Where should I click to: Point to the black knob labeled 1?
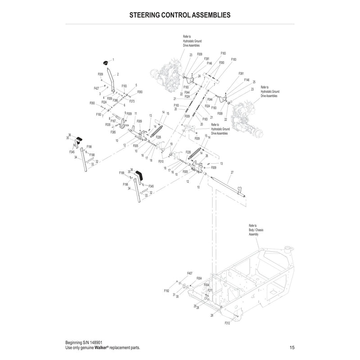pos(106,62)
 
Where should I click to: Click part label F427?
pos(97,88)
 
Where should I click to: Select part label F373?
pos(132,101)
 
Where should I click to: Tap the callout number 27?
pos(232,173)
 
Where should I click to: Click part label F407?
pos(189,273)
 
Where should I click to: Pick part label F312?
pos(227,323)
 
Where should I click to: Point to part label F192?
pos(166,291)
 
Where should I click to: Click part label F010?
pos(161,161)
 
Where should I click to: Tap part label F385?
pos(113,132)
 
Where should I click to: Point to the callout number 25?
pos(254,82)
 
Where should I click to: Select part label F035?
pos(108,125)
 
